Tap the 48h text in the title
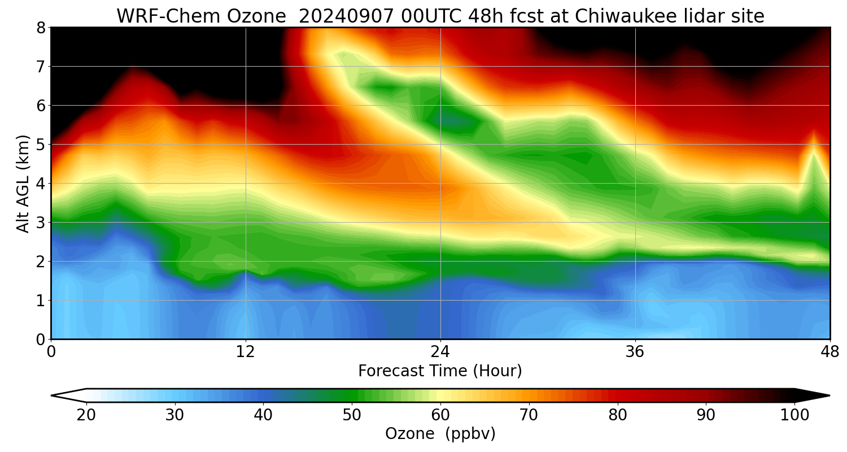click(x=483, y=16)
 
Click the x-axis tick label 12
click(x=246, y=351)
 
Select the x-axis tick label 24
click(x=440, y=351)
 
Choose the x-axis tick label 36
click(x=635, y=351)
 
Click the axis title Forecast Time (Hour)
click(x=440, y=371)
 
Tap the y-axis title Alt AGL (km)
click(x=23, y=183)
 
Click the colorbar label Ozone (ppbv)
click(x=440, y=434)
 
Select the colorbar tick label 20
click(x=86, y=415)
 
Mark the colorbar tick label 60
click(x=440, y=415)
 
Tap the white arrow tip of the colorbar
click(x=67, y=395)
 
